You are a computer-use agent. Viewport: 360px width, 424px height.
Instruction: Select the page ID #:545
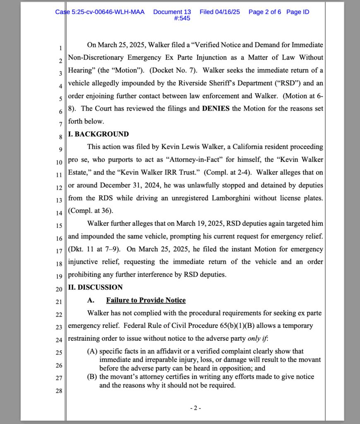click(182, 18)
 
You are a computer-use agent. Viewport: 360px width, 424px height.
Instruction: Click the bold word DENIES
click(216, 108)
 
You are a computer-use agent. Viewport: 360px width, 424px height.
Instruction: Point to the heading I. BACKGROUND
click(98, 134)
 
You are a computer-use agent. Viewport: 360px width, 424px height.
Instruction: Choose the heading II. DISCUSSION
click(95, 287)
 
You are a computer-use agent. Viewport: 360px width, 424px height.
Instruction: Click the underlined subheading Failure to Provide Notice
click(146, 300)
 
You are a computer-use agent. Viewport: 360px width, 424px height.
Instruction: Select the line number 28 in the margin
click(58, 391)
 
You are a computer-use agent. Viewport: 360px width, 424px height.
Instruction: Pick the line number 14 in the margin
click(58, 213)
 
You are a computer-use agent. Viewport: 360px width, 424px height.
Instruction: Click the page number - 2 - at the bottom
click(196, 408)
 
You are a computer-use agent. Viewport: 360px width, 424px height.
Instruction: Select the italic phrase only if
click(257, 339)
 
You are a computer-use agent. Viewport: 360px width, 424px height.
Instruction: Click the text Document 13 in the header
click(172, 12)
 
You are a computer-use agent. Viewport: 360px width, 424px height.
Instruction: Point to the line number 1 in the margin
click(60, 48)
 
